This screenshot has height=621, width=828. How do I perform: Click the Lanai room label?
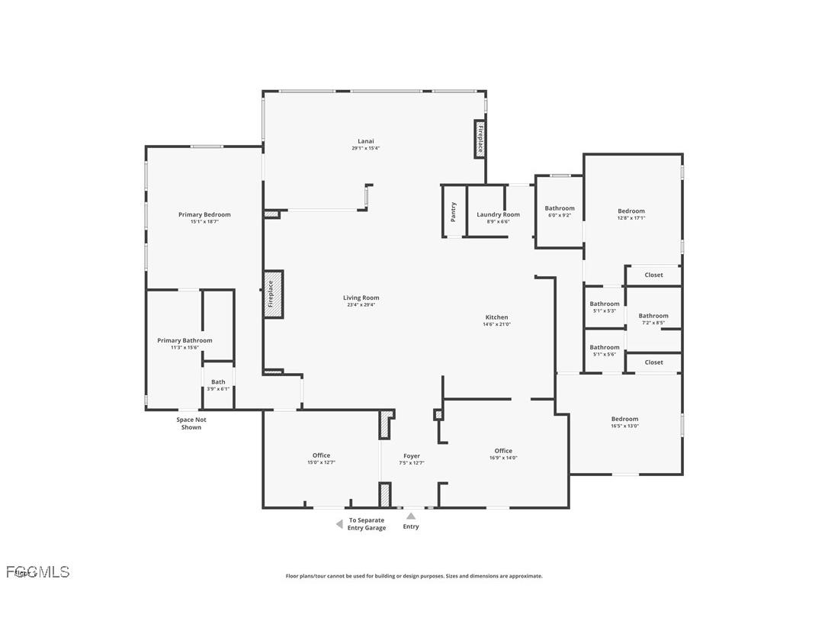(x=366, y=141)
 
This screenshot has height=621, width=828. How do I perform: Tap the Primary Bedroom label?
(x=204, y=215)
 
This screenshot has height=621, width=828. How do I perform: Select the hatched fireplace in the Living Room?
(x=273, y=294)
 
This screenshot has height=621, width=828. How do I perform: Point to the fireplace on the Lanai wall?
(x=480, y=139)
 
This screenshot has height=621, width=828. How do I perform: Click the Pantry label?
(x=454, y=211)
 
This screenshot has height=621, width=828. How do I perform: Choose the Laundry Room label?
(x=498, y=215)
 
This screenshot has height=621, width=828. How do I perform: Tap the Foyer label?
(x=412, y=456)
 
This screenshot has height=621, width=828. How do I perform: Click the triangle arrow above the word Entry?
(x=411, y=516)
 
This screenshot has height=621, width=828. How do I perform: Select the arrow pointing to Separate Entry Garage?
(x=339, y=524)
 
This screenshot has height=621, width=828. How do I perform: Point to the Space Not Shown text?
(x=191, y=423)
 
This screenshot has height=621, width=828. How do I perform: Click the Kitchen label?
(x=497, y=317)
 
